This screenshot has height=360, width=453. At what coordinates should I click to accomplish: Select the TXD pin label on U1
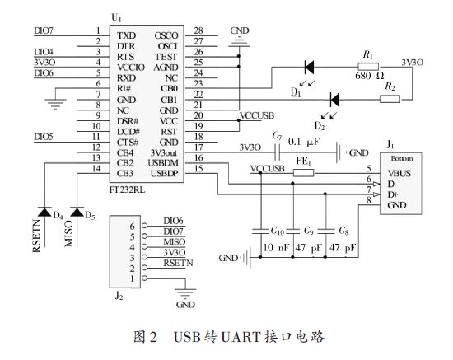tap(126, 36)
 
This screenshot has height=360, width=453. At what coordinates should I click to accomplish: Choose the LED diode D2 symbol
tap(335, 97)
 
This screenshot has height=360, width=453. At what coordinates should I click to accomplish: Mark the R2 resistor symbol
tap(390, 97)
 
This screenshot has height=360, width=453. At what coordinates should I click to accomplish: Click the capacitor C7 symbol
tap(299, 152)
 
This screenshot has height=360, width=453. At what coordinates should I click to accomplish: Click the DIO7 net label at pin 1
tap(44, 31)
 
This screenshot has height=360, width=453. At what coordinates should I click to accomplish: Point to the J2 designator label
tap(119, 296)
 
